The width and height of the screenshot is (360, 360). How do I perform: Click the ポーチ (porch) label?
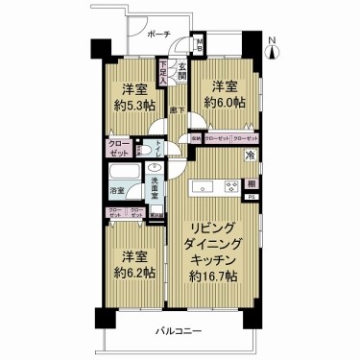point(159,35)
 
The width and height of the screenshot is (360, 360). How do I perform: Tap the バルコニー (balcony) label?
point(179,331)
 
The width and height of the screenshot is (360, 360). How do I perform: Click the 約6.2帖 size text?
point(132,272)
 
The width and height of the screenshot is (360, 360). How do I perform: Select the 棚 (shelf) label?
point(251,183)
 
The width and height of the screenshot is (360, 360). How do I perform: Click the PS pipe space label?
point(252,198)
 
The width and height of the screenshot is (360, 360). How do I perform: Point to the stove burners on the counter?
point(230,184)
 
